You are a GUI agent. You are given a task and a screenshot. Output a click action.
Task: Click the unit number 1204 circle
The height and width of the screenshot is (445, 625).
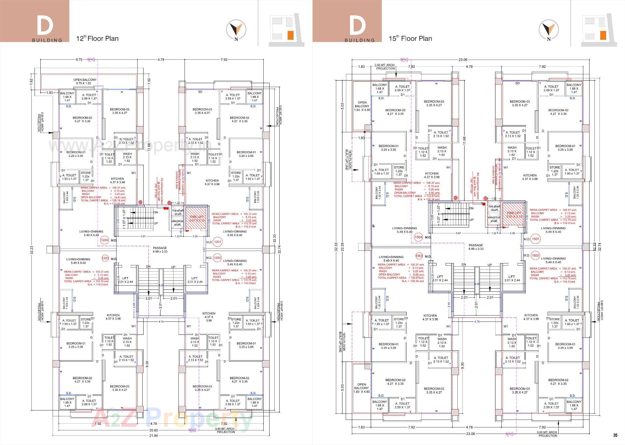(x=104, y=240)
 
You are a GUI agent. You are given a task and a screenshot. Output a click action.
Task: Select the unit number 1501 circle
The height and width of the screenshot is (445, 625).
(x=535, y=239)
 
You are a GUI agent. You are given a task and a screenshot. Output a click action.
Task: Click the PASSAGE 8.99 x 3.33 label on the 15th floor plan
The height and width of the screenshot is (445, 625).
(x=476, y=247)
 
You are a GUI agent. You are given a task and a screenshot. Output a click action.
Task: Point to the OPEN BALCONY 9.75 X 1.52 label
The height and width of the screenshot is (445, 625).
(x=85, y=82)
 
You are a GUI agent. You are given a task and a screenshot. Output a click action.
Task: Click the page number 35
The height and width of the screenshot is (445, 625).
(x=615, y=435)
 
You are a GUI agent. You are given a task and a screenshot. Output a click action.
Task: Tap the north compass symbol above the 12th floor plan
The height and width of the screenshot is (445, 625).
(x=236, y=30)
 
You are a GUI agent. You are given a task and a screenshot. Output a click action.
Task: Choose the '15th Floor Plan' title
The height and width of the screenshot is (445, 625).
(x=410, y=38)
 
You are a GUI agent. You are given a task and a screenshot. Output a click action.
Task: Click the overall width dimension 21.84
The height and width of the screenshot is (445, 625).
(x=153, y=435)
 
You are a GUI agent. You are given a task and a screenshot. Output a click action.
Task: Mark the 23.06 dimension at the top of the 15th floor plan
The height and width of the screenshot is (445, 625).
(x=463, y=60)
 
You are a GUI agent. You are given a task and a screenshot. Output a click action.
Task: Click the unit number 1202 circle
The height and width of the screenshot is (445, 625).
(x=217, y=258)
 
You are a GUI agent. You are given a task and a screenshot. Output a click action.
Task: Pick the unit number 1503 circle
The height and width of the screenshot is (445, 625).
(x=419, y=256)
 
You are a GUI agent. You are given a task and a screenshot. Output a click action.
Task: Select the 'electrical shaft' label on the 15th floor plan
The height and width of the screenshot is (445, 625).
(x=494, y=219)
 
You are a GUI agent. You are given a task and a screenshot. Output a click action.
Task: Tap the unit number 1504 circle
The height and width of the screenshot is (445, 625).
(x=418, y=237)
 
